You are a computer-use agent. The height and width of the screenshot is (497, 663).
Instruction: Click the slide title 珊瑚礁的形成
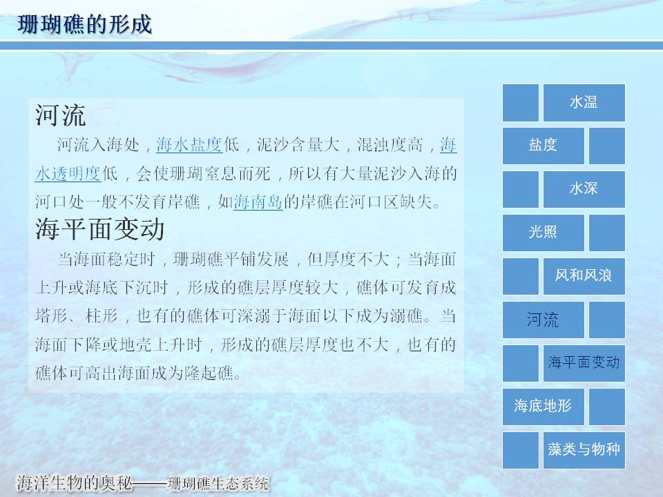[x=84, y=23]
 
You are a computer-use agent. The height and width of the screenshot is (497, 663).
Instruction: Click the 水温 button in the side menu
[x=584, y=103]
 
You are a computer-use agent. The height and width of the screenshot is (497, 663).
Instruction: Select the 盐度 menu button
[x=544, y=146]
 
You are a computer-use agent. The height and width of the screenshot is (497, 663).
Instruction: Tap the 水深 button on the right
[x=584, y=189]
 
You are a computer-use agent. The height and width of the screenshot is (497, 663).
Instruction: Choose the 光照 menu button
[x=544, y=233]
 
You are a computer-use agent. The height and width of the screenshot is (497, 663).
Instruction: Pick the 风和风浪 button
[x=584, y=276]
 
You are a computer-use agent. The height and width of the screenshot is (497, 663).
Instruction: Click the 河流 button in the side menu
[x=544, y=320]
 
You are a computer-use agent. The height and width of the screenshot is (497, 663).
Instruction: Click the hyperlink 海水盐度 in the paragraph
[x=189, y=145]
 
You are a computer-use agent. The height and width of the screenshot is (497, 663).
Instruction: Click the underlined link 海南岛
[x=258, y=202]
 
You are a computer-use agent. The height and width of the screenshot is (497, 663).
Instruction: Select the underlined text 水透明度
[x=68, y=174]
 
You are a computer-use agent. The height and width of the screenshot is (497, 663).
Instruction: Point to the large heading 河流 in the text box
[x=61, y=115]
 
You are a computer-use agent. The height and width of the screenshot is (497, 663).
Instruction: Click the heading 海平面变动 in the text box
[x=99, y=229]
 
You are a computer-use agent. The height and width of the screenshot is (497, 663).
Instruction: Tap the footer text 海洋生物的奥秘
[x=74, y=483]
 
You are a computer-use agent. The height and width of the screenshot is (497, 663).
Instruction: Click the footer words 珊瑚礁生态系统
[x=218, y=483]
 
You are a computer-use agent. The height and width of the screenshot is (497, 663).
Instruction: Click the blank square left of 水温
[x=521, y=103]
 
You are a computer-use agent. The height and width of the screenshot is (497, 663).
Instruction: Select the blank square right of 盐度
[x=607, y=146]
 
